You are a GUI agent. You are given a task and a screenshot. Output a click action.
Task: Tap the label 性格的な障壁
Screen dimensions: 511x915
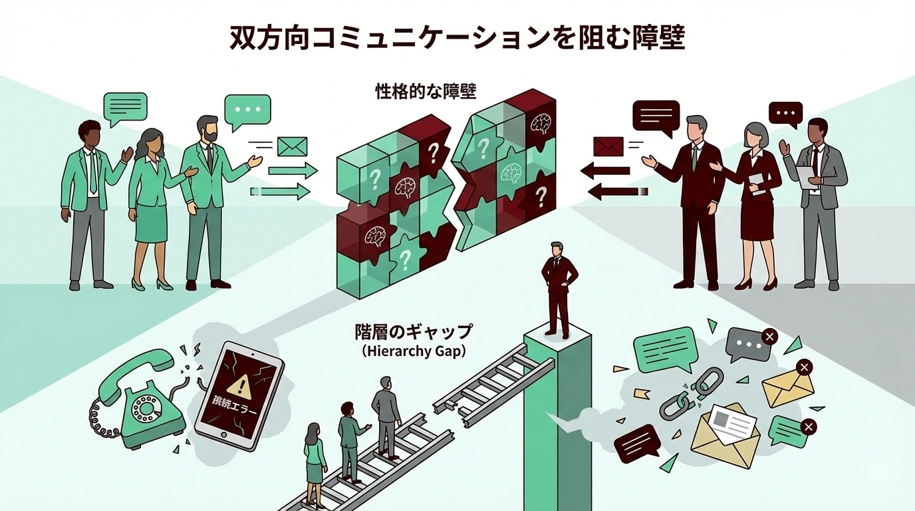(x=426, y=91)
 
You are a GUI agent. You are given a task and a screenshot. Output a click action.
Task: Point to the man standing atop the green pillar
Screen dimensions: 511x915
(x=557, y=288)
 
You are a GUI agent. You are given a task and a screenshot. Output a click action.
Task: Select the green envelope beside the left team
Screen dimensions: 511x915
(x=292, y=146)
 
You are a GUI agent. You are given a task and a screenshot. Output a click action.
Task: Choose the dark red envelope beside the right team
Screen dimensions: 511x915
(x=608, y=146)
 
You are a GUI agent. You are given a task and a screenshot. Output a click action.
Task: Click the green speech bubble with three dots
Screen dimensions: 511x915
(x=247, y=110)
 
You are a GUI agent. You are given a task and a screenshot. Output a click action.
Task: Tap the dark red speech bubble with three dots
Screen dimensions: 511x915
(x=785, y=114)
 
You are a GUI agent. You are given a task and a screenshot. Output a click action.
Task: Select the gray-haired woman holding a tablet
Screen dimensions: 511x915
(x=757, y=200)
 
